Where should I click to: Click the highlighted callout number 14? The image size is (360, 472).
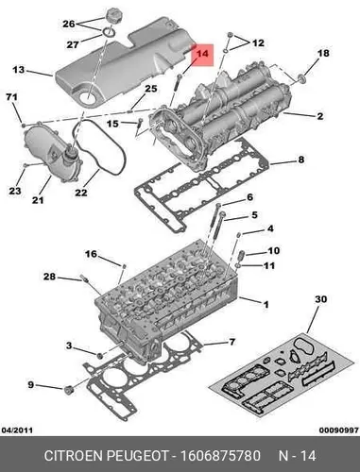point(202,54)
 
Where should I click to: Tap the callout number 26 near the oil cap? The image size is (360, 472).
point(69,24)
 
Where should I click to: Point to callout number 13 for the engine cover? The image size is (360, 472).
point(19,69)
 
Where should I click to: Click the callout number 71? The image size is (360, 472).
point(11,97)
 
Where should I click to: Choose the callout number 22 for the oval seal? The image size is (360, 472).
point(81,192)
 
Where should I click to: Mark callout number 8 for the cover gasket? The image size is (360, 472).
point(301,160)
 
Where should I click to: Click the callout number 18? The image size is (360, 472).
point(323,53)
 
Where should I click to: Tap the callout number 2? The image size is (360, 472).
point(320,116)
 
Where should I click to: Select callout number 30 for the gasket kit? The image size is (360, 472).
point(321,299)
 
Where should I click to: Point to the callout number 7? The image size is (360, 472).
point(231,342)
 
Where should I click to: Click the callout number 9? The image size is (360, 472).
point(30,384)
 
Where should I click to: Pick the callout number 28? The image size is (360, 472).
point(49,277)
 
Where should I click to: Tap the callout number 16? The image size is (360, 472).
point(91,254)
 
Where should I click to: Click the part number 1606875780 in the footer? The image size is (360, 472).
point(220,456)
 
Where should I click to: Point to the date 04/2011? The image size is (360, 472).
point(17,430)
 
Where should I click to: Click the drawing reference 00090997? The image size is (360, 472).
point(339,430)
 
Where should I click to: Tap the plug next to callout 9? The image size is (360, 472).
point(68,390)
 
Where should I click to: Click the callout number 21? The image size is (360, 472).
point(38,199)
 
